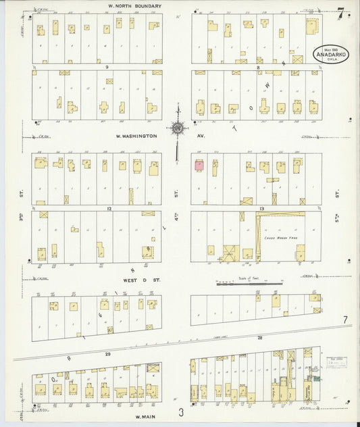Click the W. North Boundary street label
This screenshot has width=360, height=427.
(x=135, y=6)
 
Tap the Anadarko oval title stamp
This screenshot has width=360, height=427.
(x=330, y=54)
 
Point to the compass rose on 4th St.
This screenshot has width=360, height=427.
(x=177, y=127)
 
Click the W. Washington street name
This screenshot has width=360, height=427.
(x=136, y=136)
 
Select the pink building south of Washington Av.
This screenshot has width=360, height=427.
(x=199, y=164)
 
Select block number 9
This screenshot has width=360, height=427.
(x=106, y=68)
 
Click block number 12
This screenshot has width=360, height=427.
(x=108, y=209)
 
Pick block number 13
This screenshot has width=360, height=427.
(x=260, y=209)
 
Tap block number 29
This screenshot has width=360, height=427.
(x=107, y=353)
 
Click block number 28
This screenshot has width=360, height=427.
(x=259, y=337)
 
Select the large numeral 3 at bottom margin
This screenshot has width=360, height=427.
(x=180, y=412)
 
